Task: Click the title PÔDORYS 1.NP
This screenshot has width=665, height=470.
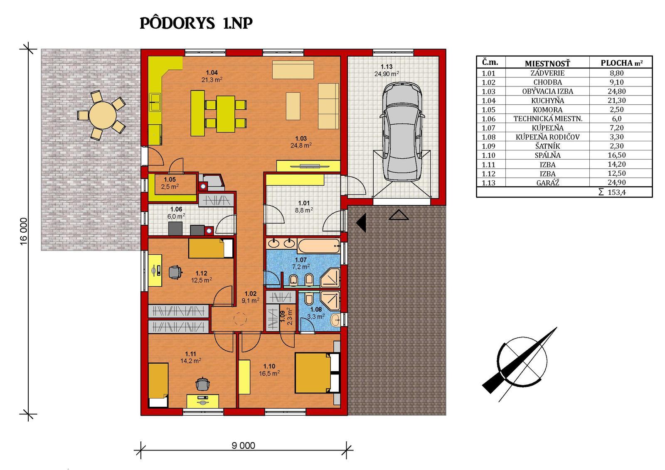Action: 196,23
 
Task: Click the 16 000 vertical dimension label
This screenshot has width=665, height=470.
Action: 24,231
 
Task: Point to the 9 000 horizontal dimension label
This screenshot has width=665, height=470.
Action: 243,445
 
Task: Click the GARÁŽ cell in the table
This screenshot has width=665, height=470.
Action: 547,183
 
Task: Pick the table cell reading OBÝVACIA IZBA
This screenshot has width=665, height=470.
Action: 547,91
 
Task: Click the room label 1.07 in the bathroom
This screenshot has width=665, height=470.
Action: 301,260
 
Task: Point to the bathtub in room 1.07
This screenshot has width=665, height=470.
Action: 318,246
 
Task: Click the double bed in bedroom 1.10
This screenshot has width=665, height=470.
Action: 317,373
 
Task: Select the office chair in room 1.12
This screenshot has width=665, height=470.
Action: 175,272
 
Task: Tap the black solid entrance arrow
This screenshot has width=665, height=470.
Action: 361,223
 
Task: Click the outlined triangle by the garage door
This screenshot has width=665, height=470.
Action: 399,215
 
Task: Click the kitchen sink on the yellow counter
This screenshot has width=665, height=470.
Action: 155,102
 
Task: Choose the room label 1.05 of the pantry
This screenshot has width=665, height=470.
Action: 170,180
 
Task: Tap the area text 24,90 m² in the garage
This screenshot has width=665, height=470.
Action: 387,74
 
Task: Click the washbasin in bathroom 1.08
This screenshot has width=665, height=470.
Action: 335,320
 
